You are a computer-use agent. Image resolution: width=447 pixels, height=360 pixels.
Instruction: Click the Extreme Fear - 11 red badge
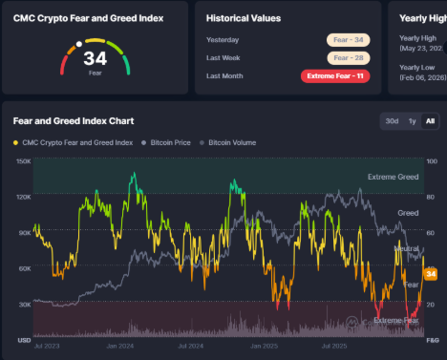(335, 75)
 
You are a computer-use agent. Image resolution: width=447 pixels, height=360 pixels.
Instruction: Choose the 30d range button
(392, 121)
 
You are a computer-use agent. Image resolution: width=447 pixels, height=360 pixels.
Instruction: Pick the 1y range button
(412, 121)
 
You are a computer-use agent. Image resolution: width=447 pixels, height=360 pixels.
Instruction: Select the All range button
(429, 121)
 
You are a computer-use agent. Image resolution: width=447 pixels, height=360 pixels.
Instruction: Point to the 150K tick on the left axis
(23, 160)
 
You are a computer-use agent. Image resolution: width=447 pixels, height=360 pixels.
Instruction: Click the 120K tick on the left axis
(23, 196)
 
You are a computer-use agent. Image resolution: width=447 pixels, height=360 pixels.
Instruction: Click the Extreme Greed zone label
(393, 178)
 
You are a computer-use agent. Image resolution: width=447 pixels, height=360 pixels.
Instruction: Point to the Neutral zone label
(407, 248)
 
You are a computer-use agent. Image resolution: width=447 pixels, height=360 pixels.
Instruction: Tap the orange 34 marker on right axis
(430, 275)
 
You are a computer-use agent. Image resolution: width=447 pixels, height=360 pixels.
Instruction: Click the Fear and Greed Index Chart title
(74, 121)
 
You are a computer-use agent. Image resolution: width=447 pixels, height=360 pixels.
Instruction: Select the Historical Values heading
(245, 17)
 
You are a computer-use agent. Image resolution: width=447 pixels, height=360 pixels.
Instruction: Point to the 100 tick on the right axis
(431, 160)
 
